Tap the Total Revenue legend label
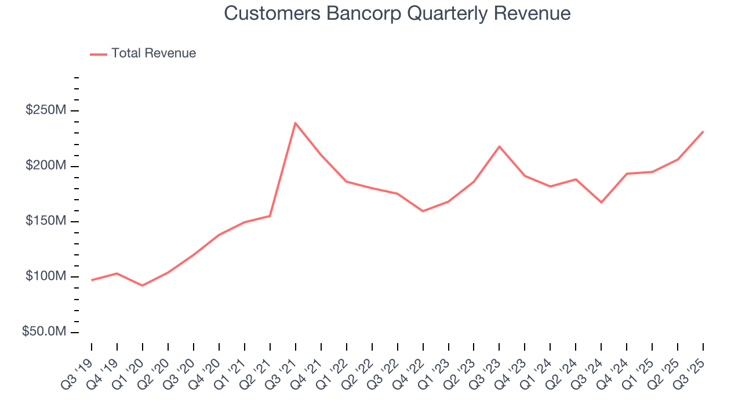154,53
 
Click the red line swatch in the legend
99,54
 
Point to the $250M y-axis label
45,110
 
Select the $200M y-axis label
45,166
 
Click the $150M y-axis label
45,221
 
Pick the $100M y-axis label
45,276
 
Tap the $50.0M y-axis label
43,331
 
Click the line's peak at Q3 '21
295,123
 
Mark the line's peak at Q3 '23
499,146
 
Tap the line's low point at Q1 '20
143,286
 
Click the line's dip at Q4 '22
423,211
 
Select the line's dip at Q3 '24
601,202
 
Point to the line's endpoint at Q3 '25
703,132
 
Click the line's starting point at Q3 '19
92,280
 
